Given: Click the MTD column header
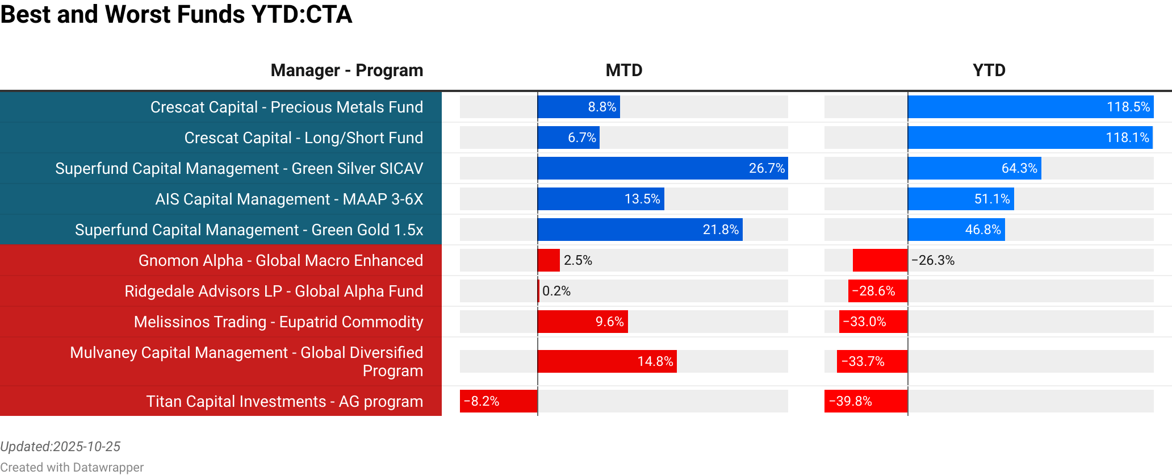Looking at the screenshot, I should tap(623, 70).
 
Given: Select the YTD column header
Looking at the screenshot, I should tap(989, 70).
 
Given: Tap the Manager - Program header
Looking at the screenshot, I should tap(346, 70).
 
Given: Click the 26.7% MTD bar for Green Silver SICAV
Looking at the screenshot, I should tap(662, 168).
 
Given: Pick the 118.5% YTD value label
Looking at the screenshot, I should tap(1128, 107).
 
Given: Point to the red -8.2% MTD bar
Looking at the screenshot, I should tap(498, 401).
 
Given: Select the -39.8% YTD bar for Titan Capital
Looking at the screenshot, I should tap(865, 401).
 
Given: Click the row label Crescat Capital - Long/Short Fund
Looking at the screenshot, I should tap(303, 138).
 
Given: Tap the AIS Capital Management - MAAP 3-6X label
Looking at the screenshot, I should tap(289, 199).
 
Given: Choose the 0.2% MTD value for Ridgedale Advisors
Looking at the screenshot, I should tap(556, 291).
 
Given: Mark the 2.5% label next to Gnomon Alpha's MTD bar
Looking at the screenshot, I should tap(577, 260).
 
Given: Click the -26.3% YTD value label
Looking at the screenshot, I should tap(933, 260).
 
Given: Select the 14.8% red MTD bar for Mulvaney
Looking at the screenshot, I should tap(606, 361).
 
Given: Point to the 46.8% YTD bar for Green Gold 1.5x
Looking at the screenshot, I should tap(956, 230).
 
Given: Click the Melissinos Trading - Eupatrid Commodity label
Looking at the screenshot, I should tap(278, 322).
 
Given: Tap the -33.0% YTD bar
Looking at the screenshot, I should tap(873, 322).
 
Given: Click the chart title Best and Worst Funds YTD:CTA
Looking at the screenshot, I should tap(176, 15).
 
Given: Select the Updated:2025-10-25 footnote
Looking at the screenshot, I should tap(60, 447).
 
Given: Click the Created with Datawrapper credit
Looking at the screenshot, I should tap(72, 467).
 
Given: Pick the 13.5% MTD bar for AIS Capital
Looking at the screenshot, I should tap(600, 199).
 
